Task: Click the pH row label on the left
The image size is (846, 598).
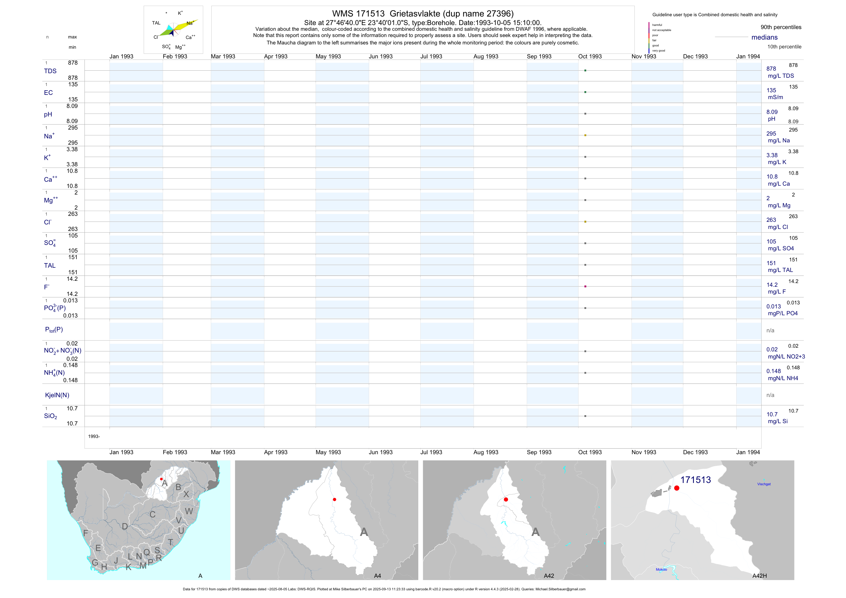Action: [48, 114]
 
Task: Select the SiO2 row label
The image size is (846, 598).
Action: [50, 416]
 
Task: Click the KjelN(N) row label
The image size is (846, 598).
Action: [57, 395]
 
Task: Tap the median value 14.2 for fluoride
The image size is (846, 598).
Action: [772, 285]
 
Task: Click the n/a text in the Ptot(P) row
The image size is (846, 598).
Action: [770, 331]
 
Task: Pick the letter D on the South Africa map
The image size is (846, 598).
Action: [125, 527]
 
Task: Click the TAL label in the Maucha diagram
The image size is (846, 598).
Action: [156, 23]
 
